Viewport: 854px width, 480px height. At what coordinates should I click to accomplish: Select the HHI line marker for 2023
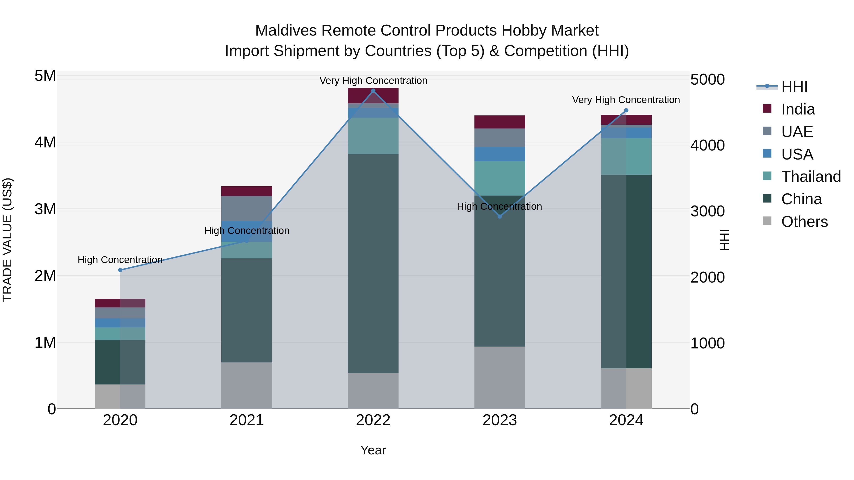click(500, 216)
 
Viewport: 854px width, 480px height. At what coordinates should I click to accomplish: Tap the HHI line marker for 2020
click(120, 270)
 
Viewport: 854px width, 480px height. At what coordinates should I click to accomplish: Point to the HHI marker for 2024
click(626, 110)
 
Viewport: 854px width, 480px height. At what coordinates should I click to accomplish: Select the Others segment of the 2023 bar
click(500, 377)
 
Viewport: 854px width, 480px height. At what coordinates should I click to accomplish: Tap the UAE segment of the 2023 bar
click(500, 137)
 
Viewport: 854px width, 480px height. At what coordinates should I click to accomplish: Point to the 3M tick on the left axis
click(45, 209)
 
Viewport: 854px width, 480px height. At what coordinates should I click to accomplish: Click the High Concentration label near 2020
click(120, 260)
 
